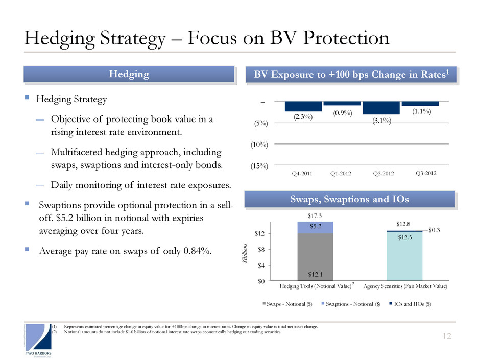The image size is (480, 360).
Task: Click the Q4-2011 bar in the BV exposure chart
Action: [x=303, y=106]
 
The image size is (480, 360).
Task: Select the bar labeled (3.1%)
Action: [x=381, y=108]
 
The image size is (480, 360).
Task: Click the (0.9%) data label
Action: [x=342, y=113]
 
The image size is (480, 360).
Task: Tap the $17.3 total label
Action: [x=315, y=217]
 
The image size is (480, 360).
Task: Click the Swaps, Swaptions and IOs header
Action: [x=349, y=199]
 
